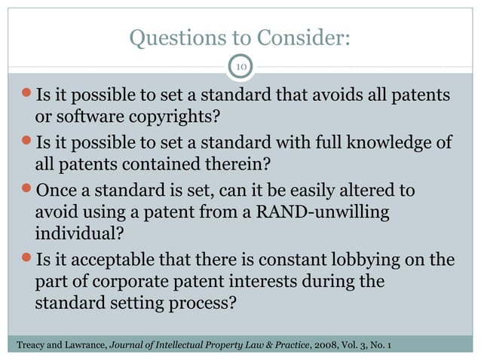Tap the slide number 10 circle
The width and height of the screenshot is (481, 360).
tap(240, 68)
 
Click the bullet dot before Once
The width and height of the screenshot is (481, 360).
tap(27, 189)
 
